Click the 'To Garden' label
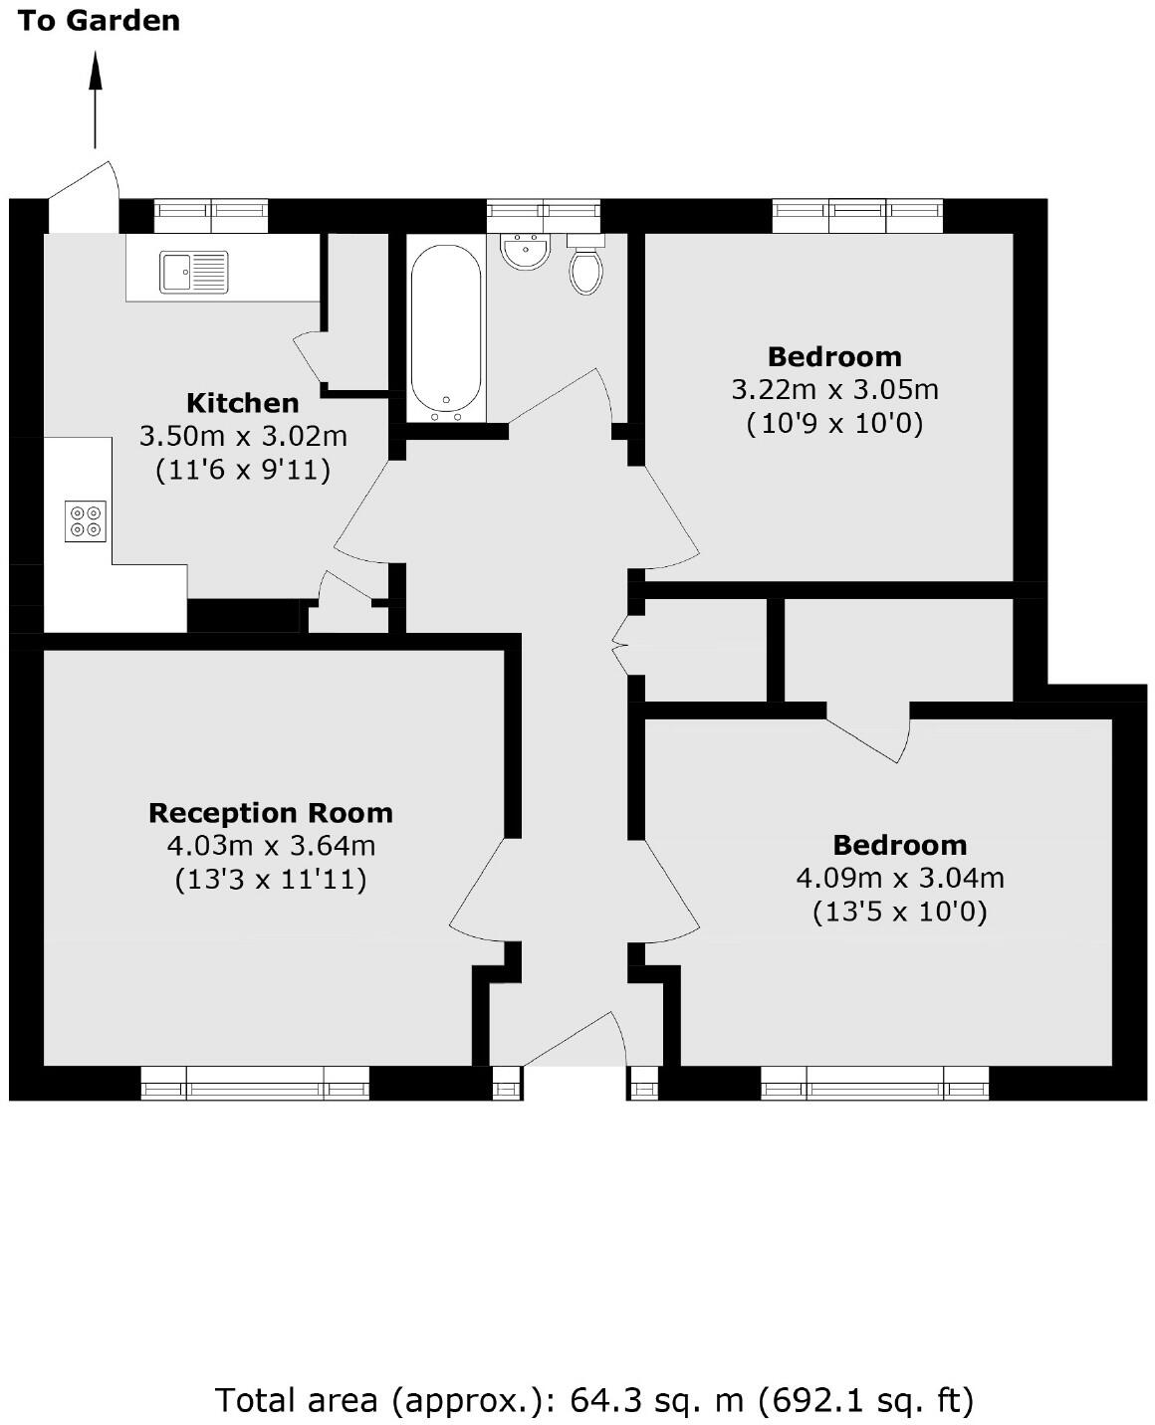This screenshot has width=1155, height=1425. click(99, 20)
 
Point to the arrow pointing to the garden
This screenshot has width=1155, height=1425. click(96, 100)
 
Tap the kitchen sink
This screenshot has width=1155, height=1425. click(194, 272)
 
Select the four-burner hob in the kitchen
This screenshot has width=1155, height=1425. click(86, 521)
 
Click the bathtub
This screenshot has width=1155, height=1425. click(446, 329)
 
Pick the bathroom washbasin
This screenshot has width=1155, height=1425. click(525, 251)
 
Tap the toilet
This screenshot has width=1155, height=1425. click(585, 265)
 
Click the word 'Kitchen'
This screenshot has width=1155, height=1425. click(243, 403)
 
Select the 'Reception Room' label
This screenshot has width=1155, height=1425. click(271, 813)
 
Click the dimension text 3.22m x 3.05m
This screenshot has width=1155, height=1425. click(834, 389)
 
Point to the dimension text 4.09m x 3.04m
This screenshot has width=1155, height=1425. click(899, 878)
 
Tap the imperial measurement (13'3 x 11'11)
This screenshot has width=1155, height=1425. click(271, 880)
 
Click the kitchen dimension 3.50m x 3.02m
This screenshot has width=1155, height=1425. click(243, 436)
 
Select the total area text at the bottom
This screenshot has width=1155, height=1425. click(593, 1400)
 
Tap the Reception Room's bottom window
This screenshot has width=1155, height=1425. click(255, 1083)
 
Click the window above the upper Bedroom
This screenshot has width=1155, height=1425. click(857, 215)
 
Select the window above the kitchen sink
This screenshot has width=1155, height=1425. click(211, 215)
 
